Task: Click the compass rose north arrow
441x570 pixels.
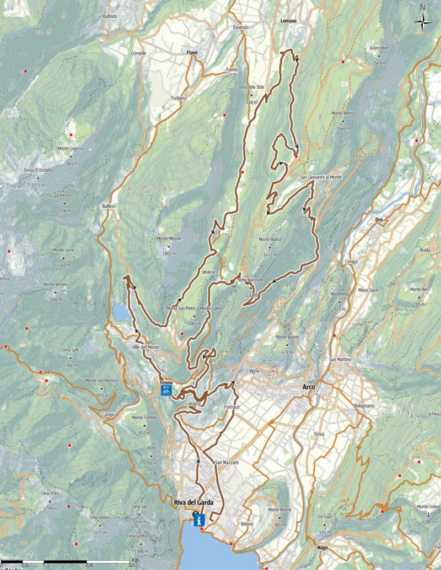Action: [423, 21]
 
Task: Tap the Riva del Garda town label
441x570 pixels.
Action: [190, 502]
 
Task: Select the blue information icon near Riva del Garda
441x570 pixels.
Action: [199, 519]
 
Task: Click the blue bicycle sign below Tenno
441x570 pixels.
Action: [166, 391]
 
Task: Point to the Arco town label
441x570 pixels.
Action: [309, 387]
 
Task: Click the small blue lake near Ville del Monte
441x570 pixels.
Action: [121, 312]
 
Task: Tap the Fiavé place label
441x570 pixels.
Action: [192, 52]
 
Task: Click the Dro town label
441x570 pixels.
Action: [379, 220]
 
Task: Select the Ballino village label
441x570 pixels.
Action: [108, 206]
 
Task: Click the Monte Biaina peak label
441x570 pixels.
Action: [270, 240]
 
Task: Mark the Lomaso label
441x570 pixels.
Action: [288, 20]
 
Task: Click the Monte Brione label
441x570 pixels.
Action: [279, 510]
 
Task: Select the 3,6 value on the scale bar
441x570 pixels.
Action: [132, 564]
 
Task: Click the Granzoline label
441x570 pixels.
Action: [379, 48]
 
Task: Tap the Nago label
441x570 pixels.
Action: [322, 547]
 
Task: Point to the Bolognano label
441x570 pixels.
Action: [364, 406]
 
